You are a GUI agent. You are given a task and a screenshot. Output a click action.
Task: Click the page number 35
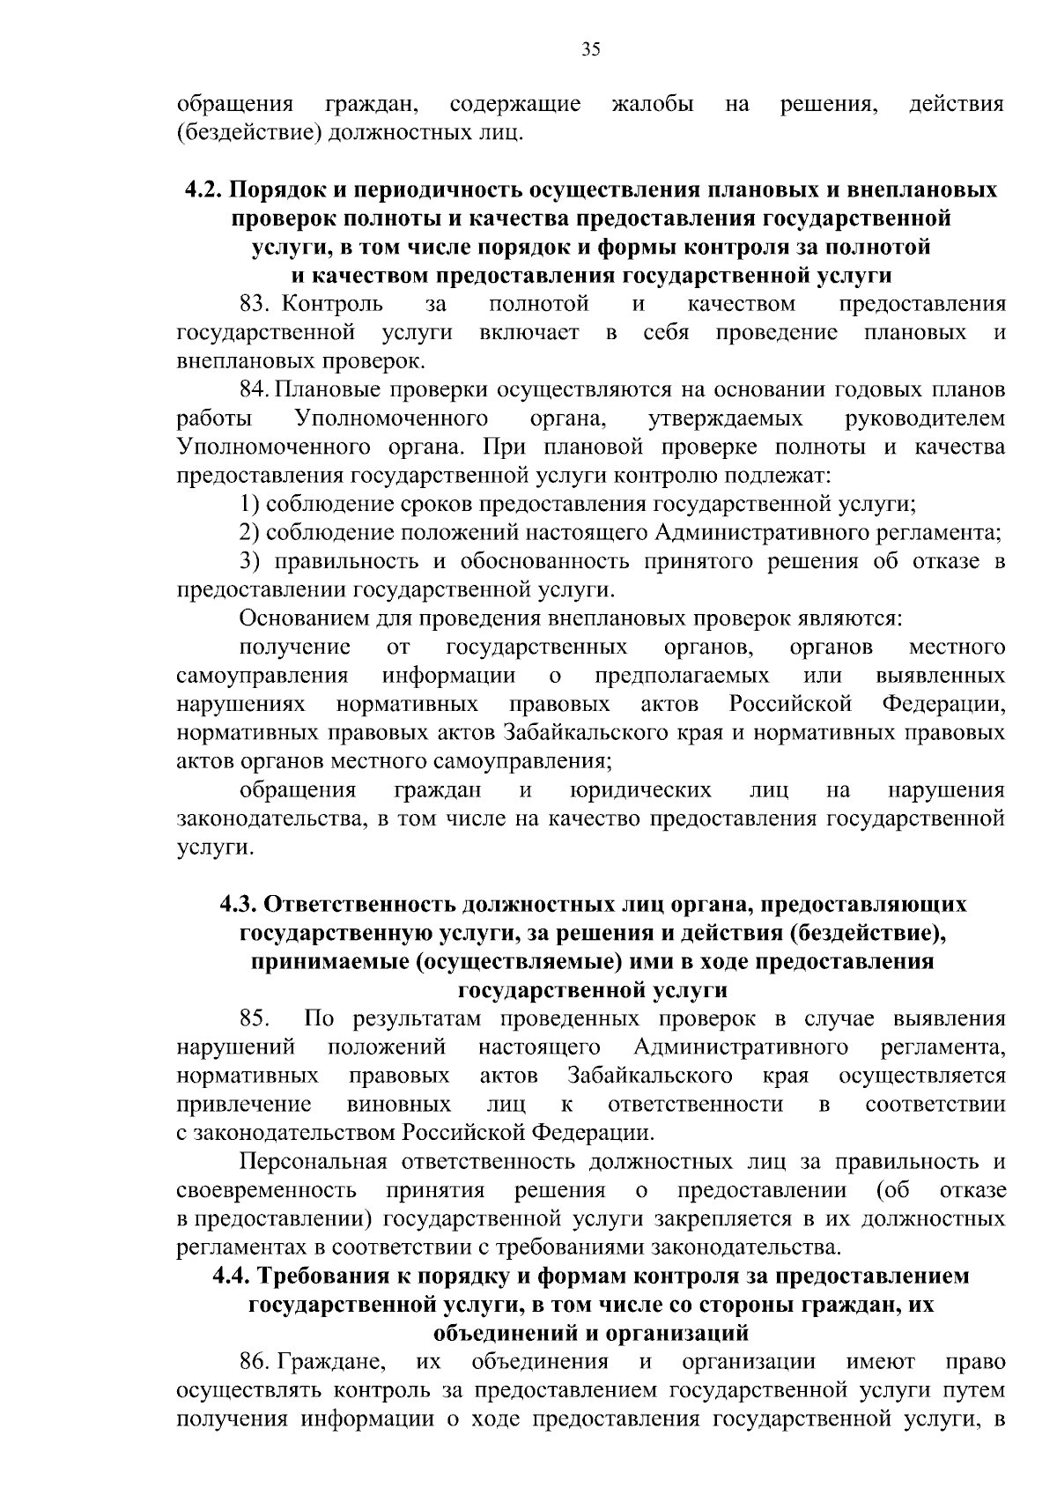tap(591, 49)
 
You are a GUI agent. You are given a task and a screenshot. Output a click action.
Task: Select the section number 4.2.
tap(204, 190)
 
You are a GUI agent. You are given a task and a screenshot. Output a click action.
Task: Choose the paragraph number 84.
tap(255, 390)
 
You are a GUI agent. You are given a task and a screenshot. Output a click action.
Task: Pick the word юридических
tap(640, 790)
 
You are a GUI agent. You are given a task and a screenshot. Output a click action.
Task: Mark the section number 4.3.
tap(239, 905)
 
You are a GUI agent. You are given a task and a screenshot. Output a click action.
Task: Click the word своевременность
tap(266, 1191)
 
